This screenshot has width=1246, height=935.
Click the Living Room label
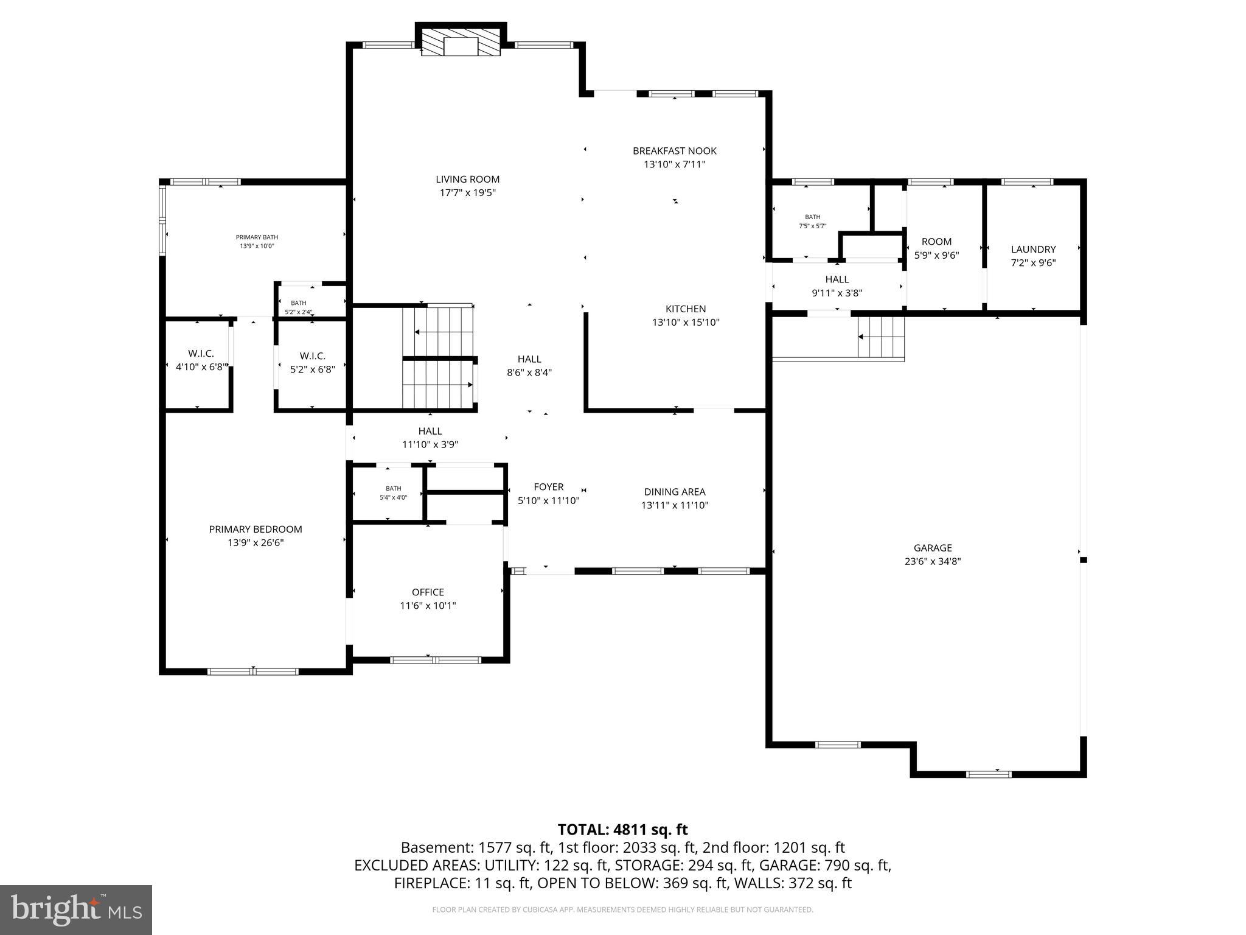(467, 179)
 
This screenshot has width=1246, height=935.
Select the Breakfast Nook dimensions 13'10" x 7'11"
(674, 164)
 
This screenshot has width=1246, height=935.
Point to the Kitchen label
(686, 309)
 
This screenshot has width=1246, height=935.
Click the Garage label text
(932, 548)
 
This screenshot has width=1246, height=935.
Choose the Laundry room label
(1033, 249)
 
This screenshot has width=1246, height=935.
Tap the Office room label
(428, 592)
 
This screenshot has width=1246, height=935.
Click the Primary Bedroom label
(256, 529)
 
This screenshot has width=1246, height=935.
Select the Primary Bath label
(257, 237)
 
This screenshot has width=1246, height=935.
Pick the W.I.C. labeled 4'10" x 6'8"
(201, 361)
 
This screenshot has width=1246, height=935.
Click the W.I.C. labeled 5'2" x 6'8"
(312, 362)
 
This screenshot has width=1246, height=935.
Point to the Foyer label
(548, 486)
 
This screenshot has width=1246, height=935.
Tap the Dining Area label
(675, 491)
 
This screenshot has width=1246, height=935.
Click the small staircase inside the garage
(880, 337)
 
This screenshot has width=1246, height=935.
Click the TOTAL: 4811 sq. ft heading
(622, 830)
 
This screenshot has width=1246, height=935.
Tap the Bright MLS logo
(75, 909)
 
